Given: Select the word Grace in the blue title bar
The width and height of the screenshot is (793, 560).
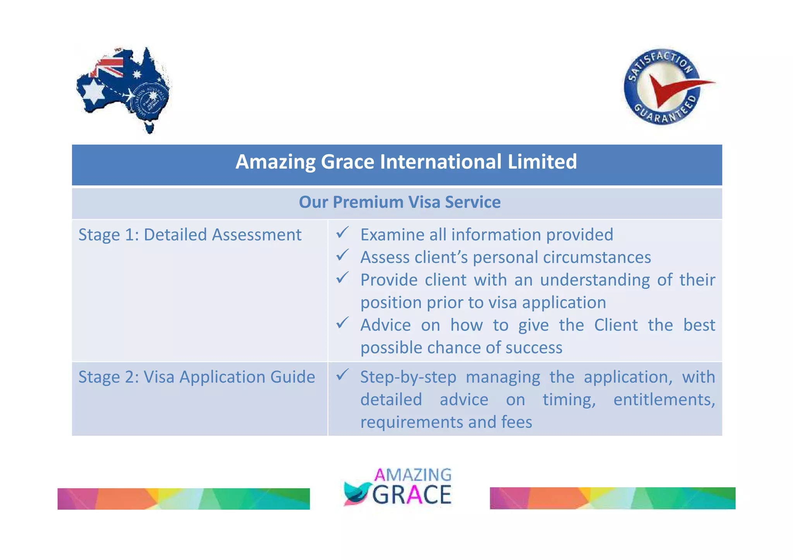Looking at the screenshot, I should tap(347, 162).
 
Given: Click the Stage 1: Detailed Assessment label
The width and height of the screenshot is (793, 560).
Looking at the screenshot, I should tap(190, 235).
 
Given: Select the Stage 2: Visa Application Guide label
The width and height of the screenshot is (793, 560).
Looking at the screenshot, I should tap(197, 377).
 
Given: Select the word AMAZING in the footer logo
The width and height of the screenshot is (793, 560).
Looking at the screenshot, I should tap(413, 475).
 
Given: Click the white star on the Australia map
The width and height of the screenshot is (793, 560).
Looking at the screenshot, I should tap(94, 91).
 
